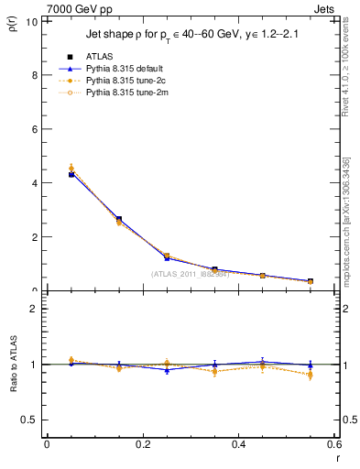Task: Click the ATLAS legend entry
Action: point(98,56)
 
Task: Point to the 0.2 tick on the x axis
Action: point(142,444)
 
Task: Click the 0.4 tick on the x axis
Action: point(238,444)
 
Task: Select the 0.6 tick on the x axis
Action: point(333,444)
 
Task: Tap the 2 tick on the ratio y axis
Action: point(35,309)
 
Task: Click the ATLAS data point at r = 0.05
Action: point(71,174)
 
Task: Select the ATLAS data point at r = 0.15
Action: point(119,219)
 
